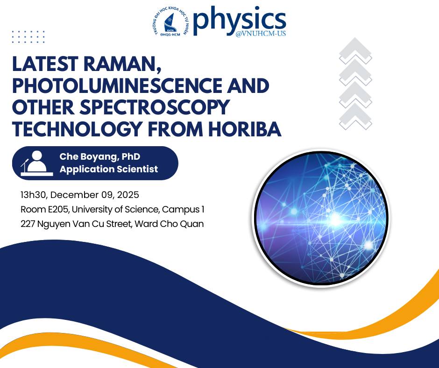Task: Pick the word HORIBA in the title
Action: (x=243, y=128)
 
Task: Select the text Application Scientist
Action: (x=108, y=169)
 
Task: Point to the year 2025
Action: (x=127, y=194)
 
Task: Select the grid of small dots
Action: (x=28, y=37)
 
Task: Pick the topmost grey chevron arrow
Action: (x=355, y=50)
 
